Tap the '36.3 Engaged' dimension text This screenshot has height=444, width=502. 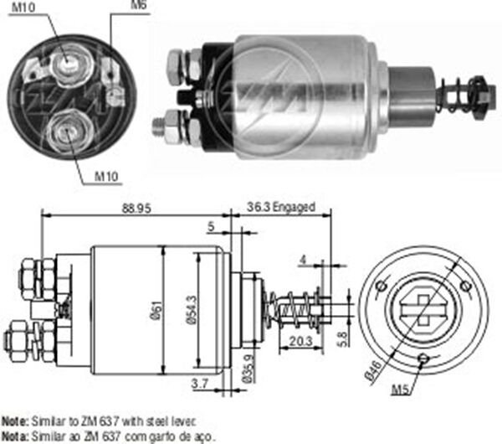coord(280,207)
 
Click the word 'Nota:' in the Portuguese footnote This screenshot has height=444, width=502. coord(14,436)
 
